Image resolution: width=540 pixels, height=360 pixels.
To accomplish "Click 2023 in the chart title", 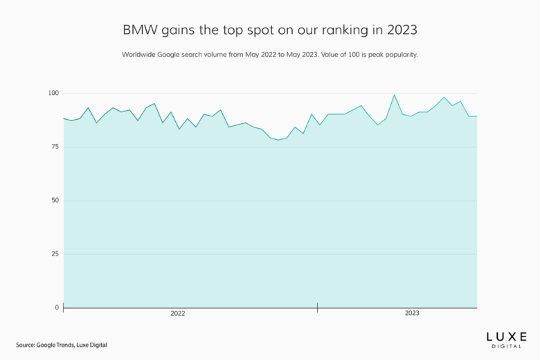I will [x=402, y=30].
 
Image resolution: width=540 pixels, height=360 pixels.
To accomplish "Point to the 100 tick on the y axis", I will [x=54, y=93].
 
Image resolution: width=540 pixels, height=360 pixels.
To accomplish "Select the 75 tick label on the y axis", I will [x=55, y=147].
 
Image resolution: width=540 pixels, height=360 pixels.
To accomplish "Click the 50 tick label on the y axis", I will [x=55, y=201].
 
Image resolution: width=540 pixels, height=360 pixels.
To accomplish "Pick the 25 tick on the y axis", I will [x=55, y=254].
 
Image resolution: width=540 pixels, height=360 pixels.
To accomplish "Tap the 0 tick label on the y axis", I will [x=57, y=307].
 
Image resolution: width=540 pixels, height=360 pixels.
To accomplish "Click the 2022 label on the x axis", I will [x=178, y=314].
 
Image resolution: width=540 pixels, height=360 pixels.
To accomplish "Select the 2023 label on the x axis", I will [x=411, y=314].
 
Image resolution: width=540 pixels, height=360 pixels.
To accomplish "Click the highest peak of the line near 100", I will [x=394, y=95].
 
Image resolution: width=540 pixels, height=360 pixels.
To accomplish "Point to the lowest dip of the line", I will [x=279, y=140].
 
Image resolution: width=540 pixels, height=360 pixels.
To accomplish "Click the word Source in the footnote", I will [x=26, y=345].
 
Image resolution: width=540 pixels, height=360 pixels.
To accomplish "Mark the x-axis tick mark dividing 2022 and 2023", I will [x=317, y=307].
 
